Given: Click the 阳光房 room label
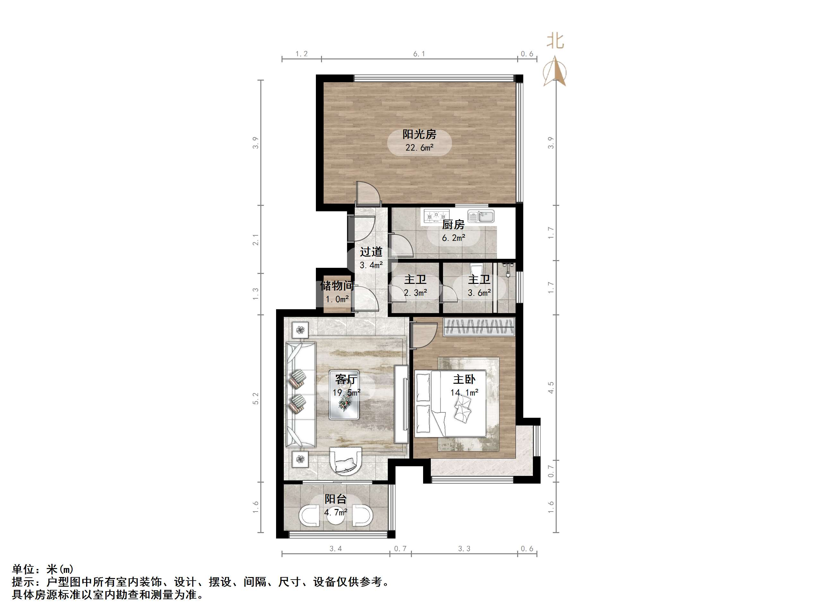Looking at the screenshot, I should pyautogui.click(x=419, y=134).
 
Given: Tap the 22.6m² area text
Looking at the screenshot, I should pyautogui.click(x=419, y=148).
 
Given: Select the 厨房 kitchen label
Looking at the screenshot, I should pyautogui.click(x=453, y=224).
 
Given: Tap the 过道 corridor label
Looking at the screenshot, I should pyautogui.click(x=371, y=252).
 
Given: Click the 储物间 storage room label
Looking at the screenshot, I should pyautogui.click(x=337, y=285).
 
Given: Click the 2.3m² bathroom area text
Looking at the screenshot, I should pyautogui.click(x=415, y=293).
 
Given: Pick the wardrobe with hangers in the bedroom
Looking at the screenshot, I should pyautogui.click(x=479, y=327).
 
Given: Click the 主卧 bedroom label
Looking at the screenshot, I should pyautogui.click(x=464, y=379).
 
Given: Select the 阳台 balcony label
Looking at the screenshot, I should pyautogui.click(x=335, y=499).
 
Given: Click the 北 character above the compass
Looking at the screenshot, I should pyautogui.click(x=555, y=41).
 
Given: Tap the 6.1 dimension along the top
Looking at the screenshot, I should pyautogui.click(x=419, y=54).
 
